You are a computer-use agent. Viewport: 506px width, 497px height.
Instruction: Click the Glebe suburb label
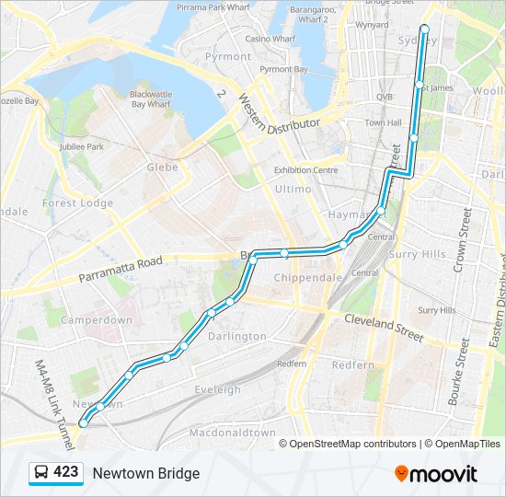pos(163,168)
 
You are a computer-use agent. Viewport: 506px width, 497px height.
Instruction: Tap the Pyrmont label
pos(228,56)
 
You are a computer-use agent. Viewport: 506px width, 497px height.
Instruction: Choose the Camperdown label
pos(97,320)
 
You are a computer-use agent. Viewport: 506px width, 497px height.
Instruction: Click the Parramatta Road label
pos(121,269)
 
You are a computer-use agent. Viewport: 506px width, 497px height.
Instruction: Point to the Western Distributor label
pos(280,111)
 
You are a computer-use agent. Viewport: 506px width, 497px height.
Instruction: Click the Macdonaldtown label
pos(232,433)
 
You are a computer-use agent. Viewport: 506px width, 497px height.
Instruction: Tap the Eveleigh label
pos(218,390)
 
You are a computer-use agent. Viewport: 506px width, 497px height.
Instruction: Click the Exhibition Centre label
pos(306,170)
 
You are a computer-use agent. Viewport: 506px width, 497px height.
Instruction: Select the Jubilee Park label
pos(82,146)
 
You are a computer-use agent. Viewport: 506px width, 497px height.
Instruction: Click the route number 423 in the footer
pos(66,472)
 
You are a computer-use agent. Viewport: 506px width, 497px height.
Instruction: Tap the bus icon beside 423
pos(41,473)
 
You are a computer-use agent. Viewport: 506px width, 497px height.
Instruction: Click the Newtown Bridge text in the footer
pos(145,473)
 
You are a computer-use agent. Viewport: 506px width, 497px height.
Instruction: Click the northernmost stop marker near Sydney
pos(424,28)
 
